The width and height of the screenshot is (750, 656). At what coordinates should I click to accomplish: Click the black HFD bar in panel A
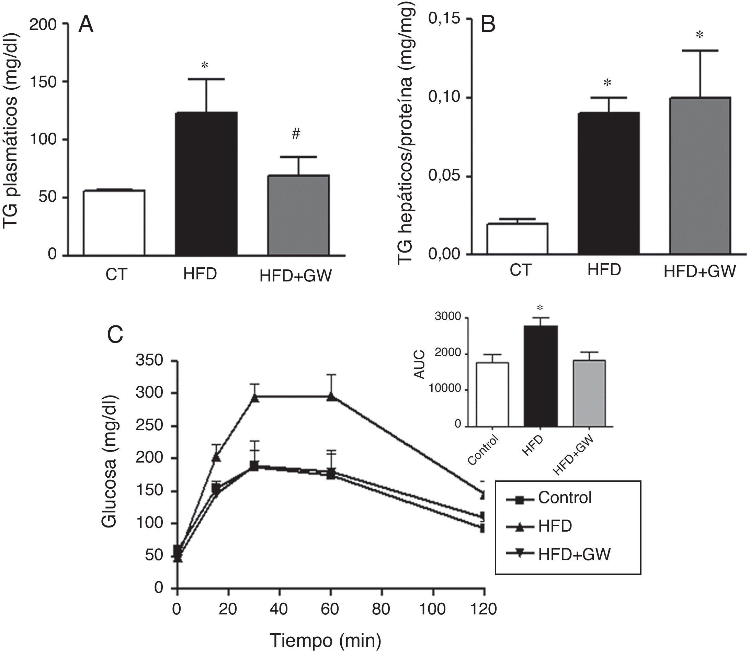coord(206,184)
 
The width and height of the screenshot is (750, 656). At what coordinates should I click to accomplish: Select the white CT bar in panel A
coord(114,222)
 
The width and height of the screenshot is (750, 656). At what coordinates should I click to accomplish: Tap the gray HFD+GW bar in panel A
coord(298,215)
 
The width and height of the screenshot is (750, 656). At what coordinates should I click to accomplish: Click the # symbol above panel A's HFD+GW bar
coord(296,134)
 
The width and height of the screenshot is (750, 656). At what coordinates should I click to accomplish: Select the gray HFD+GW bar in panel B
coord(700,176)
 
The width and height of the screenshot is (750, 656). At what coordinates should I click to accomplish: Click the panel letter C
coord(115,334)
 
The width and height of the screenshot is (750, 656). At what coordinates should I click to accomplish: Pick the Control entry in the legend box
coord(565,498)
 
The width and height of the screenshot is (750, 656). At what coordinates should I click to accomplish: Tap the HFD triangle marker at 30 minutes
coord(255,398)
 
